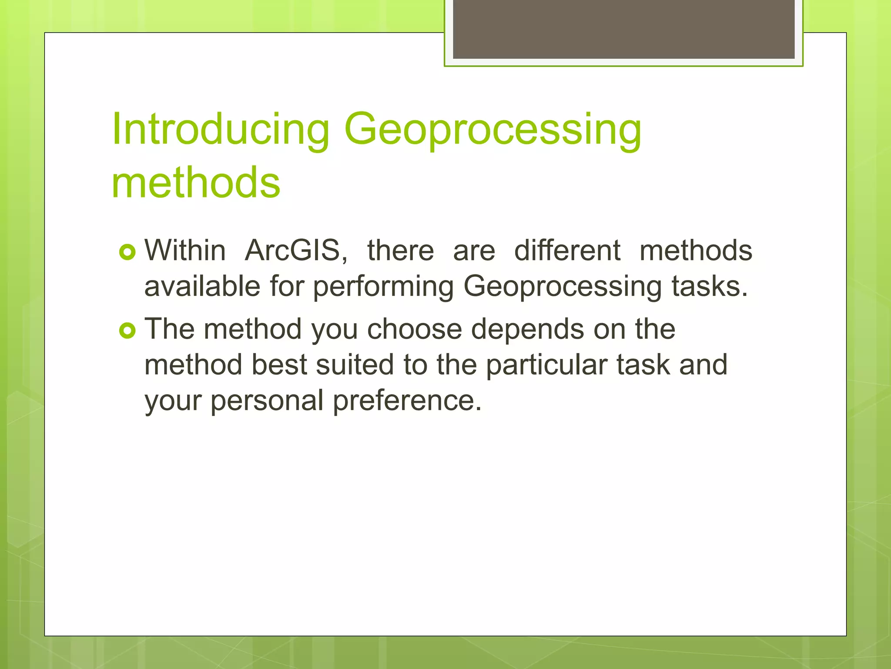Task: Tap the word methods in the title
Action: point(196,182)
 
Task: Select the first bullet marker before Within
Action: point(127,252)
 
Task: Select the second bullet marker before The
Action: point(127,331)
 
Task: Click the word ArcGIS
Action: point(296,251)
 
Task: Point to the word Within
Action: point(185,251)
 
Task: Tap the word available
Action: point(202,287)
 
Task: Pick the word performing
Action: point(383,287)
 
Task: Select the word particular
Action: point(546,365)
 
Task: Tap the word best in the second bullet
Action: point(279,365)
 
